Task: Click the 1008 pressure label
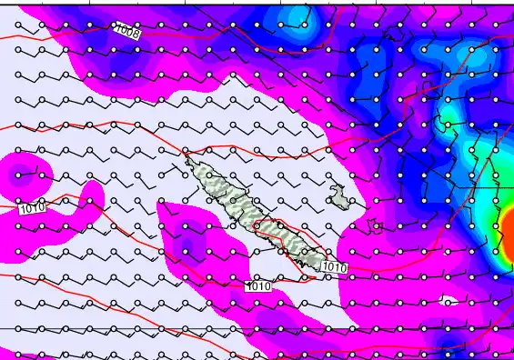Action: [x=127, y=33]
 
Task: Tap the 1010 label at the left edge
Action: [x=30, y=208]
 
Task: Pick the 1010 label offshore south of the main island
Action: [x=259, y=285]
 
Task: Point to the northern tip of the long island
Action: [x=188, y=160]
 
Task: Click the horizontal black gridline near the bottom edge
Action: [x=182, y=328]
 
